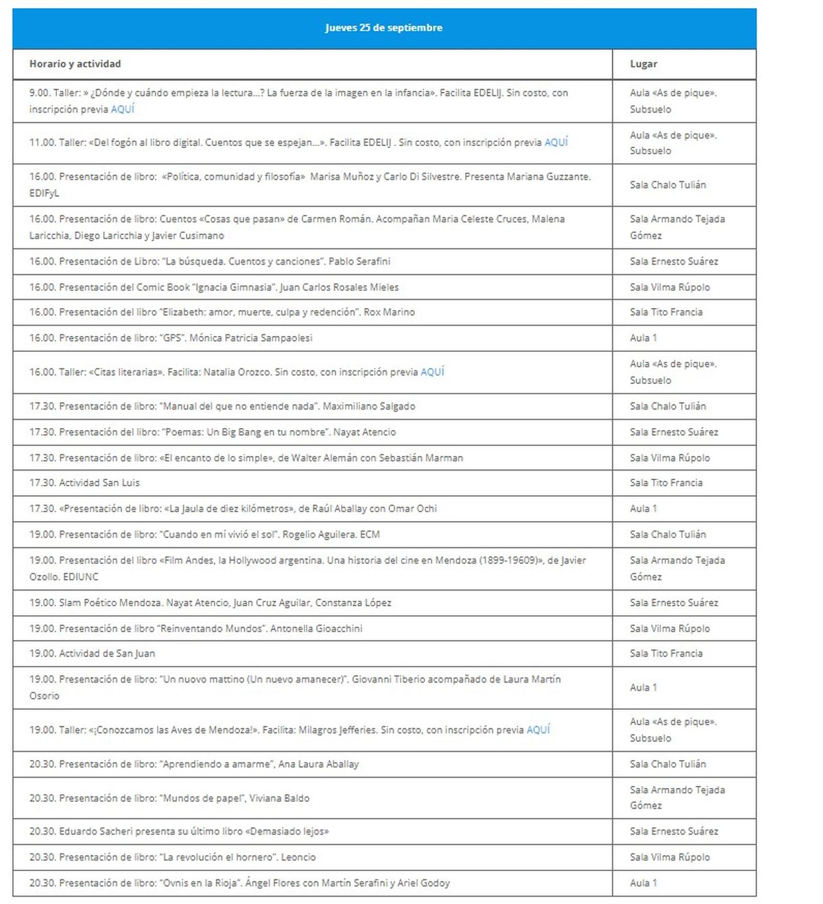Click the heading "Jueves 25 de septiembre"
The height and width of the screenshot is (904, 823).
pos(383,28)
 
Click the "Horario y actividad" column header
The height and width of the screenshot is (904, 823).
pos(75,64)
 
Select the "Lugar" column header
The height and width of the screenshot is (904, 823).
pos(643,64)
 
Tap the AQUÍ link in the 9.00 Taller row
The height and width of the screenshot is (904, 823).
pos(123,109)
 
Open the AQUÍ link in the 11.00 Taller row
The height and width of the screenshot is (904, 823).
pos(556,143)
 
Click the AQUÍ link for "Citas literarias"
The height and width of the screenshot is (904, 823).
pos(432,372)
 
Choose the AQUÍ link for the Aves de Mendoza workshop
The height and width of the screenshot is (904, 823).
pos(538,730)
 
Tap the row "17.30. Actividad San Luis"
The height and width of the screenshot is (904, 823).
pos(84,483)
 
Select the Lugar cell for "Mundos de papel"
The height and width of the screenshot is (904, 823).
pos(677,798)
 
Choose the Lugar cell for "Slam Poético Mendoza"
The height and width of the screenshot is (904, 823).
pos(673,602)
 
